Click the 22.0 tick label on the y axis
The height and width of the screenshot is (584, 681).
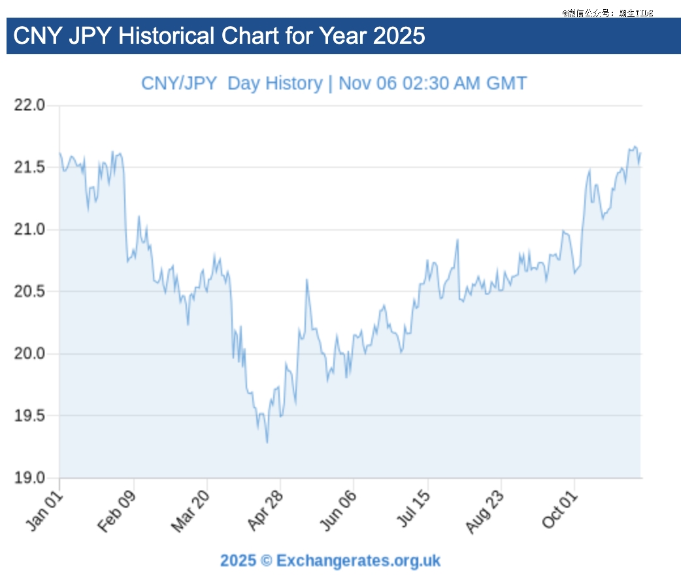pos(30,105)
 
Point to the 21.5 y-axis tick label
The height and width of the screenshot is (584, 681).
pos(30,167)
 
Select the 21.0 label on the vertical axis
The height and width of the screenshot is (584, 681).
pos(30,229)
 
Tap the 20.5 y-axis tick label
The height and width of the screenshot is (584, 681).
pos(30,291)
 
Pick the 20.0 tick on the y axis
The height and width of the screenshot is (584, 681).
pos(30,353)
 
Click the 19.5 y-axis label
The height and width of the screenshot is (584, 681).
pos(30,415)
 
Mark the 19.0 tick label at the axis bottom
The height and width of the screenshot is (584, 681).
pos(30,478)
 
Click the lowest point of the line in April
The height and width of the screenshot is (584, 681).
pos(267,442)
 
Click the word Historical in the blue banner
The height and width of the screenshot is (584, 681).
pos(166,35)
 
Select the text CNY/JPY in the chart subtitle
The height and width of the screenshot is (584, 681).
pos(178,84)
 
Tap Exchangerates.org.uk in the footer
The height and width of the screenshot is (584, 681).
pos(358,560)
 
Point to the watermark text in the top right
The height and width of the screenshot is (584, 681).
pos(607,12)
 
